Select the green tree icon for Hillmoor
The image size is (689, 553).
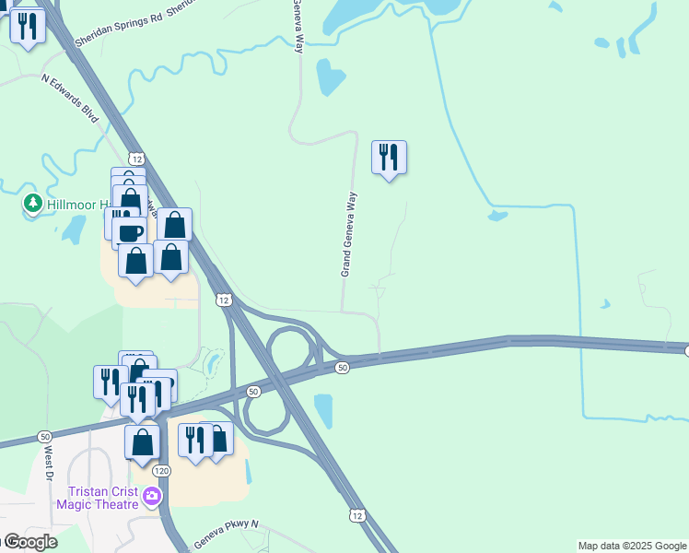(33, 202)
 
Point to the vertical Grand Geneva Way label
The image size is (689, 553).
(348, 234)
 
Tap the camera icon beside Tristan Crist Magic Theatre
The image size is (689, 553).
(152, 498)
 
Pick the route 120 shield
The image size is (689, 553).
(161, 471)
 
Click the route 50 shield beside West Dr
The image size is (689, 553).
(44, 436)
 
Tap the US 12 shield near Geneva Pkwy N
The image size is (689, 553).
(356, 515)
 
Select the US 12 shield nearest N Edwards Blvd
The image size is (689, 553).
(136, 159)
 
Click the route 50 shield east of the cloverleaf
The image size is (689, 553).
(342, 368)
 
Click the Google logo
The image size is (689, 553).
(29, 542)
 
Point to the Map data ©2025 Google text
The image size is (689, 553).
(631, 546)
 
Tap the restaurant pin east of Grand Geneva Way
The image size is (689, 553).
(389, 159)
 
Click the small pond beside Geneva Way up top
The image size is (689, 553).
(329, 77)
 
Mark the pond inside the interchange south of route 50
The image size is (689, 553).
(323, 409)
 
